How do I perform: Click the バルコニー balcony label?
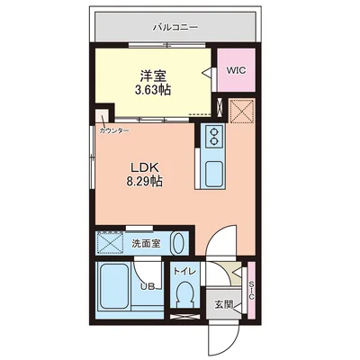tap(175, 28)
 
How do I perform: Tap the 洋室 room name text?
tap(153, 76)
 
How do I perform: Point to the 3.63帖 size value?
tap(153, 89)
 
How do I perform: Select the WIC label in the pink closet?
tap(236, 70)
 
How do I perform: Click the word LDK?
tap(144, 167)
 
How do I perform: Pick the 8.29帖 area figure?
tap(144, 181)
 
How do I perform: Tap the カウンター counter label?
tap(114, 130)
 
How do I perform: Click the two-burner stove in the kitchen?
tap(214, 136)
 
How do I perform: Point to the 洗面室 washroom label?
tap(147, 243)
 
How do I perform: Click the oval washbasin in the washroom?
tap(178, 243)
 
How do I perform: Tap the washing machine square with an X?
tap(110, 242)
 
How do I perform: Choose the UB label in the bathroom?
tap(148, 287)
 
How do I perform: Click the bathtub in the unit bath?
tap(114, 285)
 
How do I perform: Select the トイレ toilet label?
tap(184, 272)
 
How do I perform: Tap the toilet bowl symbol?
tap(184, 294)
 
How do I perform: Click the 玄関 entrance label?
tap(224, 305)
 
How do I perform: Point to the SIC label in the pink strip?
tap(251, 291)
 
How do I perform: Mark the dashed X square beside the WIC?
tap(242, 111)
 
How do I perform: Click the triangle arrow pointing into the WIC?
tap(208, 72)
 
